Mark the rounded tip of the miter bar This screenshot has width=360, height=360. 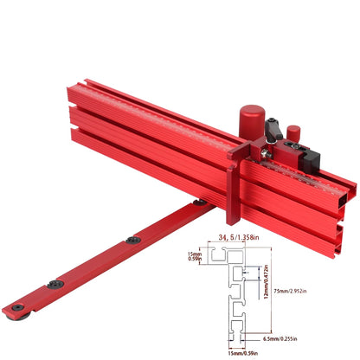(x=10, y=309)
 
